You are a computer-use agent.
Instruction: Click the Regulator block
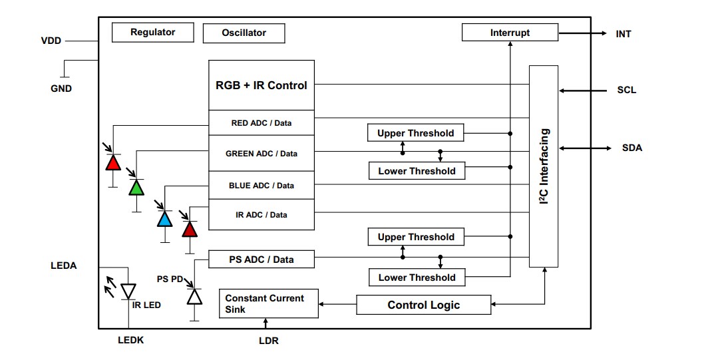(152, 32)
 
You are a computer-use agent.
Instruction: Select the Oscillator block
(244, 33)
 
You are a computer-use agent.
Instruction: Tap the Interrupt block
(510, 33)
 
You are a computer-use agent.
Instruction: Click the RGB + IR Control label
(262, 85)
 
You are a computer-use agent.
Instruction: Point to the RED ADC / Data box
(262, 123)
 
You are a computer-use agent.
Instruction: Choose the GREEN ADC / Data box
(262, 154)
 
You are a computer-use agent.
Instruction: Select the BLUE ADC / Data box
(262, 185)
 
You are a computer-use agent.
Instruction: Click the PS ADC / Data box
(262, 260)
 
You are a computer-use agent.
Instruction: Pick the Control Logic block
(424, 305)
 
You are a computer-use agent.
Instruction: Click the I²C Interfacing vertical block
(544, 166)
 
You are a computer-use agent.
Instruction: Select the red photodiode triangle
(114, 162)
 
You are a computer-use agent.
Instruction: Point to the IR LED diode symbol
(128, 291)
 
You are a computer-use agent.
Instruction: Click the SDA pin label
(632, 148)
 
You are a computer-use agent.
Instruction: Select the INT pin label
(623, 33)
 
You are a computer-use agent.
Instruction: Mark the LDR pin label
(268, 341)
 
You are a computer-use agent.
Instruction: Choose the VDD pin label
(51, 41)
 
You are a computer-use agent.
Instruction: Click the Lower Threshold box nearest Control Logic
(417, 277)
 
